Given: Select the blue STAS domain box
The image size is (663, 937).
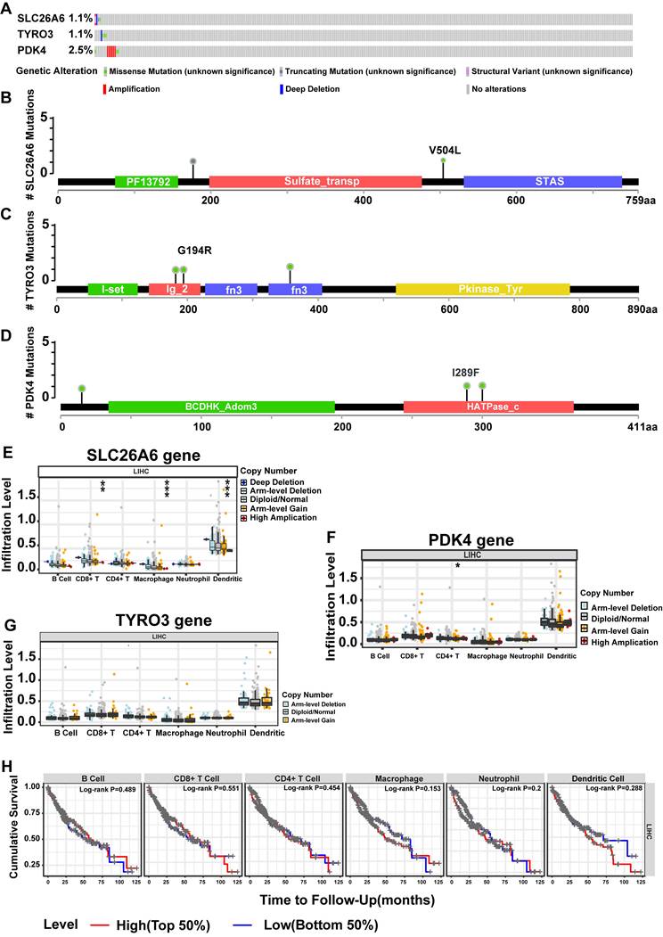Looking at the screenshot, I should (543, 181).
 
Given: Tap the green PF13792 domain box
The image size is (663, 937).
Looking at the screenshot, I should (146, 181).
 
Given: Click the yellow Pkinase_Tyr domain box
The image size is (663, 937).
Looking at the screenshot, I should (482, 290).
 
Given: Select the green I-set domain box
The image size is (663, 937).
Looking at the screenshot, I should (112, 290).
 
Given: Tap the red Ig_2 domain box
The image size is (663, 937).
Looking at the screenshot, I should (175, 290).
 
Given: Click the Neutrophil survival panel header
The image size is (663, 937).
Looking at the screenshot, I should (489, 777).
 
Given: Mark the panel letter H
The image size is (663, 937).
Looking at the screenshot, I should (8, 768).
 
